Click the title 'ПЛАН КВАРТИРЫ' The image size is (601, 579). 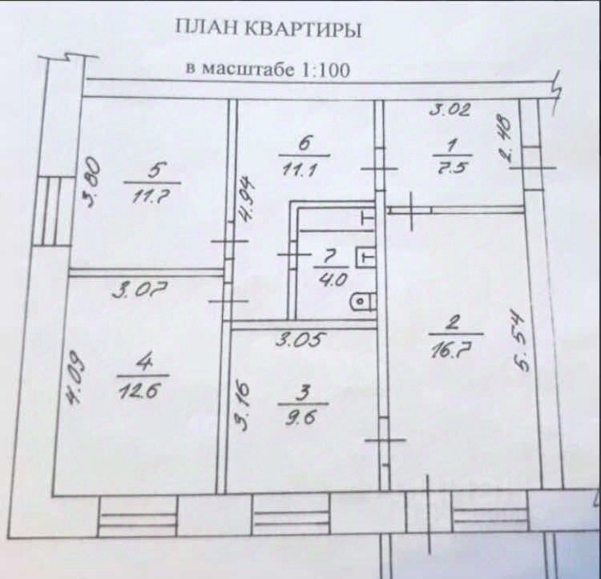point(268,30)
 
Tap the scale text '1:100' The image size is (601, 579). point(324,69)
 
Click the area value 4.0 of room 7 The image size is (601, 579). point(329,280)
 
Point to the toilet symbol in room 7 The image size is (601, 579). point(363,302)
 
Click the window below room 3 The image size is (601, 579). point(290,510)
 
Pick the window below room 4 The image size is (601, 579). point(136,517)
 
